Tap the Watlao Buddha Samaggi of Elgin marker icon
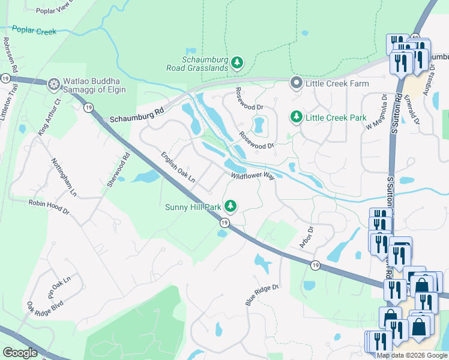(54, 83)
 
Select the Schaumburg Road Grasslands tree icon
(238, 62)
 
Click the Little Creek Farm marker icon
(296, 83)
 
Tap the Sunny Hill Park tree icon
(231, 207)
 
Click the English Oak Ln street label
(178, 167)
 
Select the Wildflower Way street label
(253, 176)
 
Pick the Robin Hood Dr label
(49, 204)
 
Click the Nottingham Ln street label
(64, 178)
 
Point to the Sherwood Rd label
(118, 171)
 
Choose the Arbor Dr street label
(307, 238)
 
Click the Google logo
(20, 353)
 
